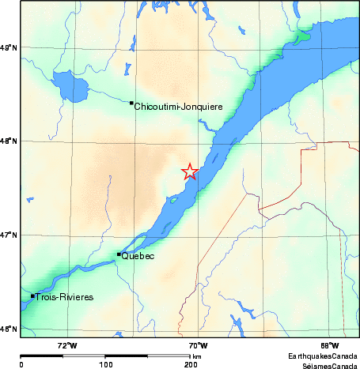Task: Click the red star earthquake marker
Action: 190,171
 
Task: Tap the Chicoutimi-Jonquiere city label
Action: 178,107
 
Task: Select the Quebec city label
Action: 138,257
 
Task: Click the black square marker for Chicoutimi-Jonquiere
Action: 131,103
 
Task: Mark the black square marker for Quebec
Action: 119,254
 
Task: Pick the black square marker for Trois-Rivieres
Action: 32,296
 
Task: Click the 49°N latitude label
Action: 9,49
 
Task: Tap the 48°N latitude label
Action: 9,142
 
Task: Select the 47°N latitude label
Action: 9,235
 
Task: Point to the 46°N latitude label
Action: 9,329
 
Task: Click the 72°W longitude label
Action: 67,345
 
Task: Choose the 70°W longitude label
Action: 198,345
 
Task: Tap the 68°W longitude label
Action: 329,345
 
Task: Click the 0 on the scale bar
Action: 21,365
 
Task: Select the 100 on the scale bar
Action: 106,365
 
